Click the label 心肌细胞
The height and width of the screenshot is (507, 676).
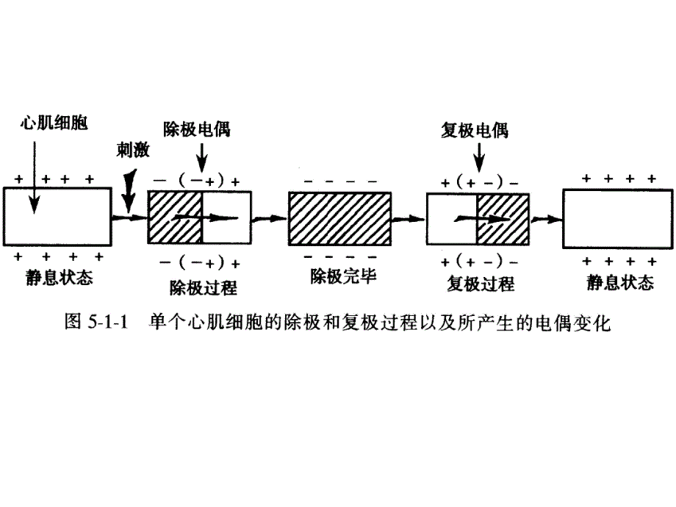tap(54, 123)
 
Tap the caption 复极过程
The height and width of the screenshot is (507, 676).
tap(480, 284)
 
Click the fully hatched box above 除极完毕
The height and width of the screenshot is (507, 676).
tap(339, 218)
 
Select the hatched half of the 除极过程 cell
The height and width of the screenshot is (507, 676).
tap(175, 218)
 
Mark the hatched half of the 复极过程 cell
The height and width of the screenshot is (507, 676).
tap(503, 219)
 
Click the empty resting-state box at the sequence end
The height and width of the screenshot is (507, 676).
tap(617, 218)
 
